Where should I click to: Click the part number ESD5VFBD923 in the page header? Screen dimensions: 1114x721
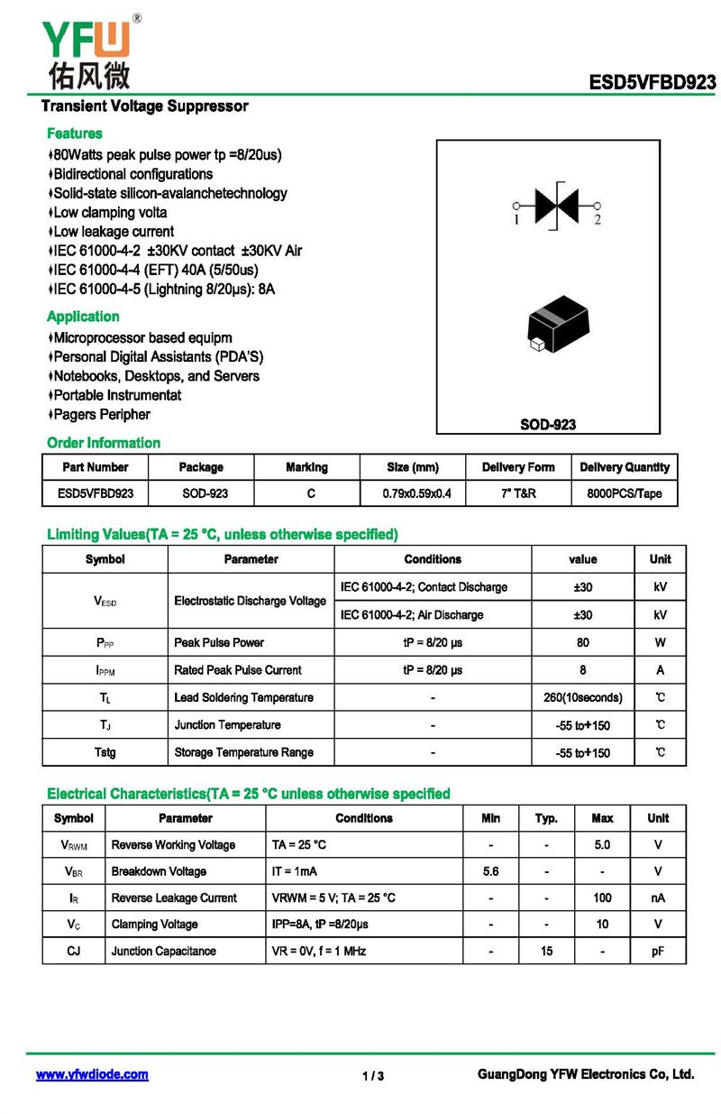click(x=653, y=83)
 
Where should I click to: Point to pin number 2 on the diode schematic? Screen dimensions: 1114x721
click(x=598, y=220)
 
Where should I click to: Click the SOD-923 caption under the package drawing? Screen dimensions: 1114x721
click(x=548, y=424)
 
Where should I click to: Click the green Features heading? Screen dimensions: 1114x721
click(x=75, y=133)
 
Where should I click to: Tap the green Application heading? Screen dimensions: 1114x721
click(x=83, y=317)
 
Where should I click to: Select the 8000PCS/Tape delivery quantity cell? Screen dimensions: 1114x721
click(x=624, y=493)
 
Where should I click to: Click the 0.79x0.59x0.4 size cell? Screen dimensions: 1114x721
click(x=413, y=493)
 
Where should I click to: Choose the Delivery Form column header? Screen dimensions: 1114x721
click(x=518, y=467)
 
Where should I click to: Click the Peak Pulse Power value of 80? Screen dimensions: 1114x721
click(x=583, y=643)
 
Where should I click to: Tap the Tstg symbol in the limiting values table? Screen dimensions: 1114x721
click(x=105, y=752)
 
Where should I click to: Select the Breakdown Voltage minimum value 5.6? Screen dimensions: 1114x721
click(x=490, y=871)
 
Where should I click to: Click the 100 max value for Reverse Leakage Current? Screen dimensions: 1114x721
click(x=602, y=898)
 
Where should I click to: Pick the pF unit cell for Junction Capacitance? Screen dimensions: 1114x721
click(x=658, y=951)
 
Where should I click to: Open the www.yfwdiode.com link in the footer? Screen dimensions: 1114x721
click(x=92, y=1074)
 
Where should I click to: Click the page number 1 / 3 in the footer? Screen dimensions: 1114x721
click(x=373, y=1076)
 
